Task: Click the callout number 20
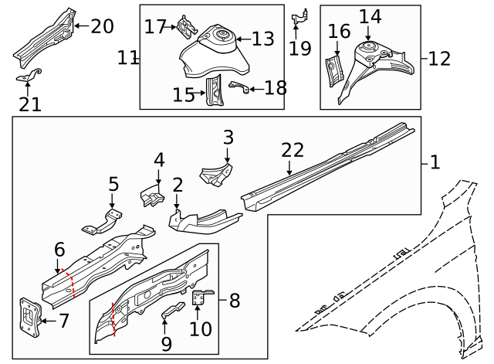point(102,26)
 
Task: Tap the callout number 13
point(262,39)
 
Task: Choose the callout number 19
point(299,49)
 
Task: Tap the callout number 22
point(293,150)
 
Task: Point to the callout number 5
point(113,185)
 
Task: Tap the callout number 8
point(235,301)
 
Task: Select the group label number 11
point(127,58)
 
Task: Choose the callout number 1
point(435,162)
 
